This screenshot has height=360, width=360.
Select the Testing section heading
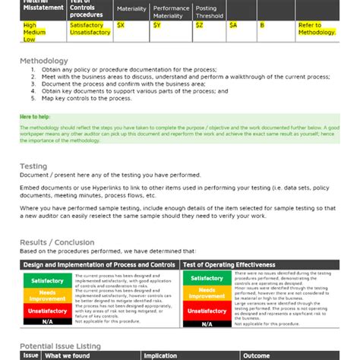click(x=33, y=166)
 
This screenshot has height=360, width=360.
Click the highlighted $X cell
click(x=120, y=25)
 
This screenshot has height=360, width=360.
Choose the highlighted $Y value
click(x=156, y=25)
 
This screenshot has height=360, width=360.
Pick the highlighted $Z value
click(x=199, y=25)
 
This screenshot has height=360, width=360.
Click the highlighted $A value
click(x=233, y=25)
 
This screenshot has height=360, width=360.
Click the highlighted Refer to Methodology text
click(x=316, y=29)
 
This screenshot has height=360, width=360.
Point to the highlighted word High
click(x=30, y=25)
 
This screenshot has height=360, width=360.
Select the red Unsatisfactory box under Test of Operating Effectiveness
click(x=207, y=311)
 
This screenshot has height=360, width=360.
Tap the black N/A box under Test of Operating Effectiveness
click(x=207, y=325)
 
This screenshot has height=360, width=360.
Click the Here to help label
click(x=36, y=116)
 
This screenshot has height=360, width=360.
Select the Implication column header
click(x=159, y=355)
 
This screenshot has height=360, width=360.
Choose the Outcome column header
click(x=257, y=355)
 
